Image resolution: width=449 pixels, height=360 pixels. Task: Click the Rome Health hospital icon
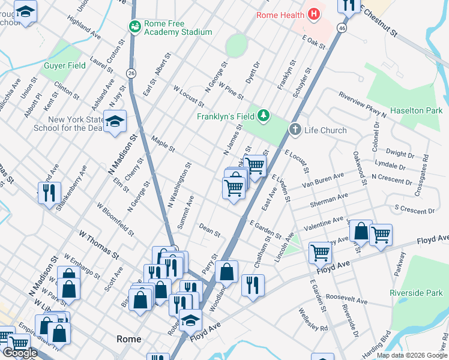point(313,15)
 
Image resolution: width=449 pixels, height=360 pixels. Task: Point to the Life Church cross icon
point(295,130)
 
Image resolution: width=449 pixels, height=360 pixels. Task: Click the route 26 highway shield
point(131,73)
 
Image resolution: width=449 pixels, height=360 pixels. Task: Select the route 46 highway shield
point(342,28)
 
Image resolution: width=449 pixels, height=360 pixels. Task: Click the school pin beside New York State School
point(115,122)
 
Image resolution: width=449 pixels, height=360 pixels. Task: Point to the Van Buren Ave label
point(322,181)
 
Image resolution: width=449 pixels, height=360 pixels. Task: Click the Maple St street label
point(163,144)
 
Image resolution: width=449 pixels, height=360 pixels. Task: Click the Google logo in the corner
point(20,353)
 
